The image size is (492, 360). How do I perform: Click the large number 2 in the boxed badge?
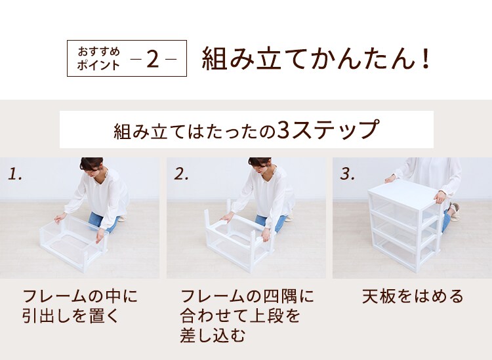(x=152, y=59)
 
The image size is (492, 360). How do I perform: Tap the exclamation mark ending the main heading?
(x=426, y=58)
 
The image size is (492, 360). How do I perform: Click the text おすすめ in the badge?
(x=99, y=51)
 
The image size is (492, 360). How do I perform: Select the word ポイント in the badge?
(x=98, y=65)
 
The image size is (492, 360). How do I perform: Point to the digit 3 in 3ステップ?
(x=283, y=129)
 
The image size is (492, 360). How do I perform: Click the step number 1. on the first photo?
(x=14, y=174)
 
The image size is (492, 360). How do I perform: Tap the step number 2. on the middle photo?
(x=181, y=174)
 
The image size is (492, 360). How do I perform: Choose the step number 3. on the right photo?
(x=347, y=174)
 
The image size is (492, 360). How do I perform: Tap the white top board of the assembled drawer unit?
(x=405, y=193)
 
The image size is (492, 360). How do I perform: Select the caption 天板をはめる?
(x=413, y=296)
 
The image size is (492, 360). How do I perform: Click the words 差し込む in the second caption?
(x=213, y=336)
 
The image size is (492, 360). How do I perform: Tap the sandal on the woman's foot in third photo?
(x=455, y=212)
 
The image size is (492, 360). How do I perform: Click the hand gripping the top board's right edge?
(x=440, y=197)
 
